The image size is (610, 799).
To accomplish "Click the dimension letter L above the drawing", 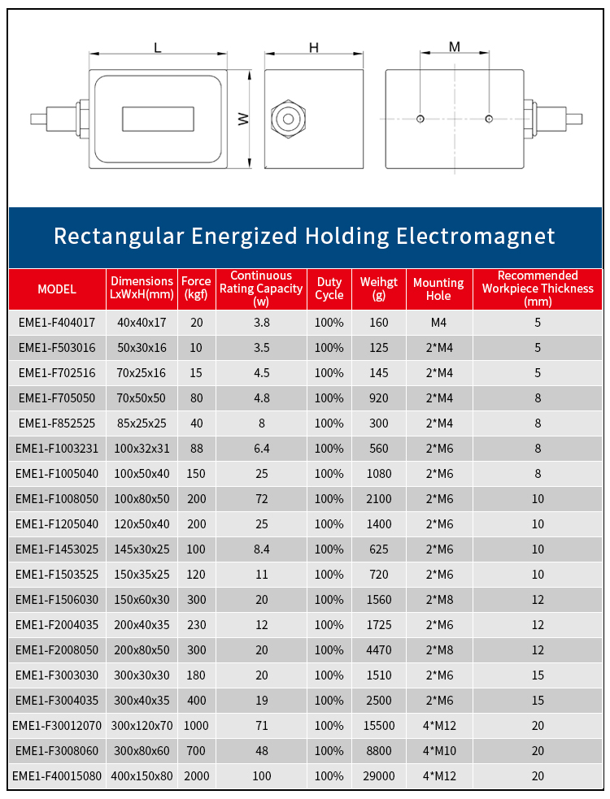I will coord(158,48).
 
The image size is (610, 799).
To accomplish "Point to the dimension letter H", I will coord(313,48).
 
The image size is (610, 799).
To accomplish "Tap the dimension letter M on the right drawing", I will coord(455,47).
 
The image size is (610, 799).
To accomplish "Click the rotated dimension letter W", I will coord(243,119).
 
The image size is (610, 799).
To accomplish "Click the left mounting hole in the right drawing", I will coord(420,119).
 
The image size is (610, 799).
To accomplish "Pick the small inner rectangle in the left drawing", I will coord(159,119).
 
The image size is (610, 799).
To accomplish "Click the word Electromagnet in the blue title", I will coord(476,237).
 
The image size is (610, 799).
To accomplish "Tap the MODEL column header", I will coord(57,289).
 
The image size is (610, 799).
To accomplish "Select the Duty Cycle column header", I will coord(329,289).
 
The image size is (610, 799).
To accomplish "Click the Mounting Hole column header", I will coord(438,289).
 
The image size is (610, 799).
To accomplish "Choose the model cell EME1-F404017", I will coord(57,323).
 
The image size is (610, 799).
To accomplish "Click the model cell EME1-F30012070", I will coord(57,725).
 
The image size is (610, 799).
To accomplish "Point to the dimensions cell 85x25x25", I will coord(142,423).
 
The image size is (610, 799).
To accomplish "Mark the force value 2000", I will coord(196,775).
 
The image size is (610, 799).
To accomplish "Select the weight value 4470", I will coord(379,649).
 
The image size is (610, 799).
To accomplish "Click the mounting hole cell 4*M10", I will coord(438,750).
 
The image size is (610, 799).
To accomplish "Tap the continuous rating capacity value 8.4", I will coord(261,549).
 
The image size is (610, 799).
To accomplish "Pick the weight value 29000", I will coord(379,775).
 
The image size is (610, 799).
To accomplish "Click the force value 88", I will coord(196,449).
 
